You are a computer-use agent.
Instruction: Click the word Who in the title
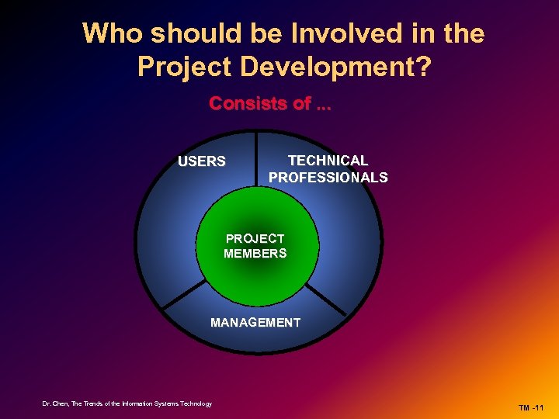(113, 34)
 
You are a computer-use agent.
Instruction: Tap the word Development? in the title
(336, 67)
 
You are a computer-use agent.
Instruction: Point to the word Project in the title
(185, 67)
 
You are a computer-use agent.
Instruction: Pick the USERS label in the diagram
(202, 162)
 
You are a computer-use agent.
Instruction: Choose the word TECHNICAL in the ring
(328, 161)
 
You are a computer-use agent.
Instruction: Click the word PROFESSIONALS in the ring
(328, 178)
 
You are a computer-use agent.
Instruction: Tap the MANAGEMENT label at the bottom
(255, 322)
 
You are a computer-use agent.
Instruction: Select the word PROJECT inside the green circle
(255, 239)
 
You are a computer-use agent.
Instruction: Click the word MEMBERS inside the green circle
(255, 253)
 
